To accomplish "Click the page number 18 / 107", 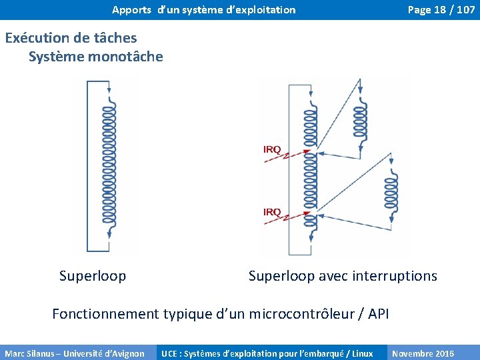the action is coord(441,9).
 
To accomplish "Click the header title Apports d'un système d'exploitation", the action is coord(203,9).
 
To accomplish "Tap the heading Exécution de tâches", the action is coord(71,38).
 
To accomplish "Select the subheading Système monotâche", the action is coord(95,57).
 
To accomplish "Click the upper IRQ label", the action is coord(272,149).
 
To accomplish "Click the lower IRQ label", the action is coord(272,212).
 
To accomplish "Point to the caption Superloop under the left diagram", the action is coord(93,276).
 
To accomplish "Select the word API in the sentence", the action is coord(378,314).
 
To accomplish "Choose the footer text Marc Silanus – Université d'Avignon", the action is coord(75,353).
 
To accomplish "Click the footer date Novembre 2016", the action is coord(423,353).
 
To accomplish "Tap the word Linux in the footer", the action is coord(362,353).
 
